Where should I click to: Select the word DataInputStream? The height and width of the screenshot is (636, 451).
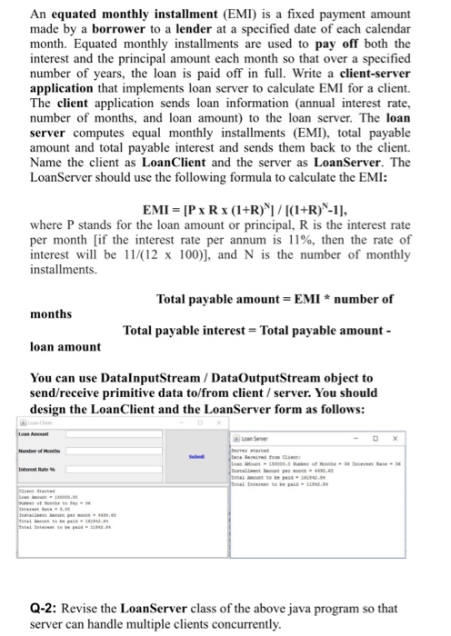point(147,378)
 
